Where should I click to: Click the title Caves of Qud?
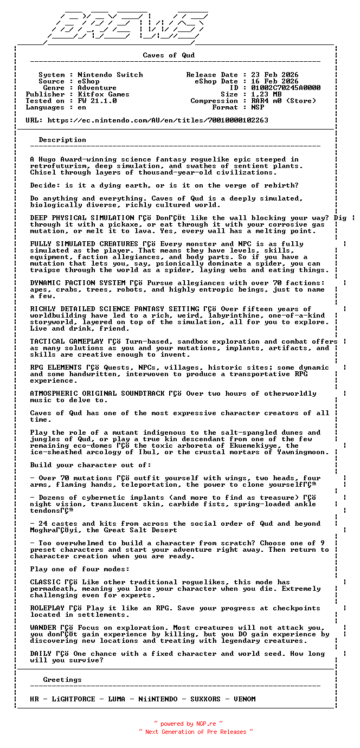tap(169, 55)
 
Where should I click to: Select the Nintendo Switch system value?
tap(110, 75)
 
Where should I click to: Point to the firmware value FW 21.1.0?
tap(97, 101)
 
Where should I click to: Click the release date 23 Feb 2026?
tap(274, 75)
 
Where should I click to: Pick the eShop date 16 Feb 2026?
tap(274, 81)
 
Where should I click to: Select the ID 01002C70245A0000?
tap(285, 88)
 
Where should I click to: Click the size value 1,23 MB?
tap(266, 94)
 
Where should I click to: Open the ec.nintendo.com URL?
tap(158, 120)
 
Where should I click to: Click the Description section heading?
tap(62, 140)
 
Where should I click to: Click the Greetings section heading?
tap(62, 680)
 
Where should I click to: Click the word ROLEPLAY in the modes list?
tap(47, 608)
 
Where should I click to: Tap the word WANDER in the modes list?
tap(43, 628)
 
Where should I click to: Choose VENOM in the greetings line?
tap(245, 699)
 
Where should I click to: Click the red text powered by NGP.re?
tap(188, 724)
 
